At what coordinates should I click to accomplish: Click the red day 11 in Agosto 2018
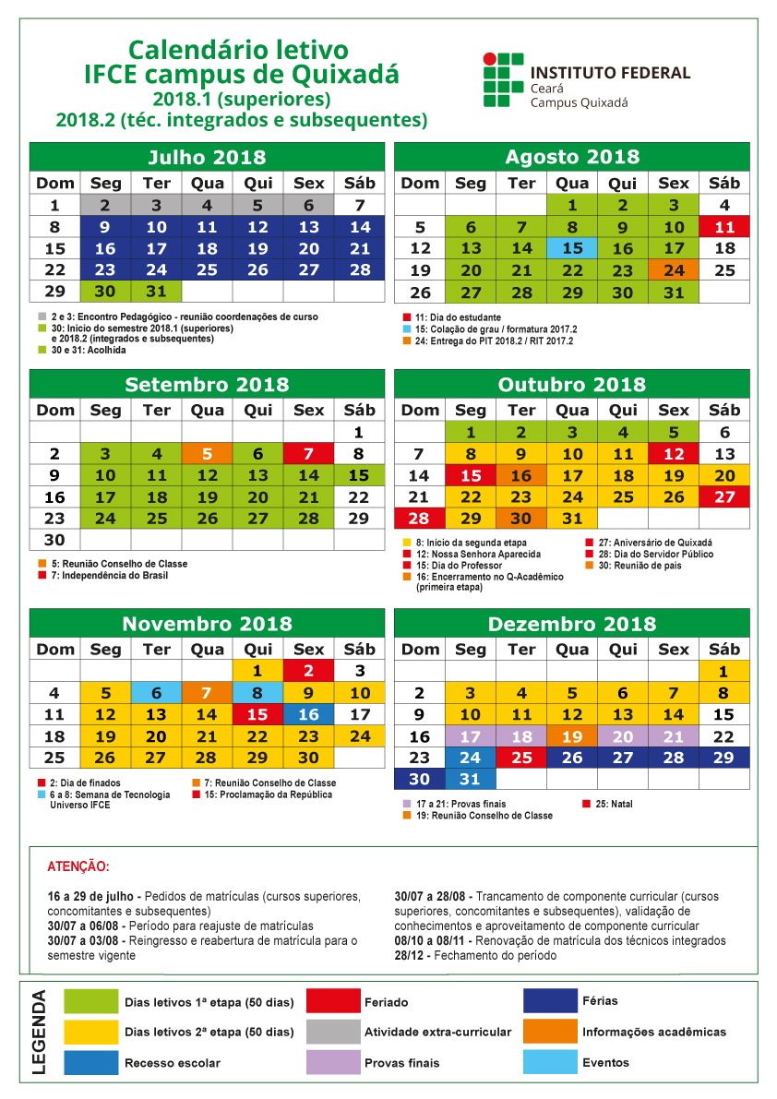[724, 227]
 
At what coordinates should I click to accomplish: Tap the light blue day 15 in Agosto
[572, 248]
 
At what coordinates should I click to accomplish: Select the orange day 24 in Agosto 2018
[674, 270]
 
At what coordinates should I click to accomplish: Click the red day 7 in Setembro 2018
[309, 454]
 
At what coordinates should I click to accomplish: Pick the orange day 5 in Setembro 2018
[208, 454]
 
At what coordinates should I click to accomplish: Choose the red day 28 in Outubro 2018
[420, 519]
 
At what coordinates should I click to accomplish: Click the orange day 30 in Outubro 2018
[521, 519]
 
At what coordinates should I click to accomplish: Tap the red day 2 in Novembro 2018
[309, 672]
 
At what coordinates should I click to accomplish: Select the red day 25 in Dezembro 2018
[521, 757]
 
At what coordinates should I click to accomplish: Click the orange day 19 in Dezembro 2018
[572, 736]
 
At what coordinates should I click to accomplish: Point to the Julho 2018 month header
[208, 157]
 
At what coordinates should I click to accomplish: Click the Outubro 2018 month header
[572, 385]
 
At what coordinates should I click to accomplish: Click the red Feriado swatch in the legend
[333, 1002]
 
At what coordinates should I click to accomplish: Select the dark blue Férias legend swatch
[550, 1002]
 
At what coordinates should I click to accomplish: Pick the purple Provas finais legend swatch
[333, 1062]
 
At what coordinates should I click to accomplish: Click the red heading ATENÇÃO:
[78, 867]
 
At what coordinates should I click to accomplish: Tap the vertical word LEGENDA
[40, 1032]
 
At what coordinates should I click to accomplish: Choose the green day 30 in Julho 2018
[106, 291]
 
